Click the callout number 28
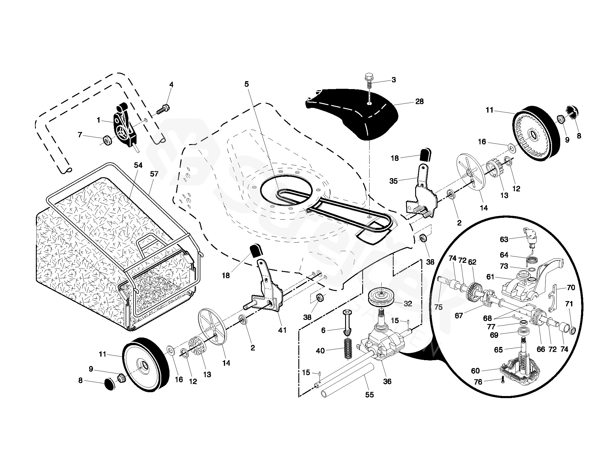[x=419, y=101]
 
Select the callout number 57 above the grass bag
[x=154, y=174]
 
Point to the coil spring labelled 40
[x=348, y=349]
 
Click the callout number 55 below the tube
[x=369, y=395]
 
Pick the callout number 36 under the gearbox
[x=387, y=382]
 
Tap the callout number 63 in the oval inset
[x=504, y=240]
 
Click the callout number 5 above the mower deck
[x=247, y=84]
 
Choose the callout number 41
[x=282, y=330]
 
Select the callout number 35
[x=393, y=181]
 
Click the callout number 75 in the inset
[x=438, y=307]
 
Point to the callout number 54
[x=138, y=166]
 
